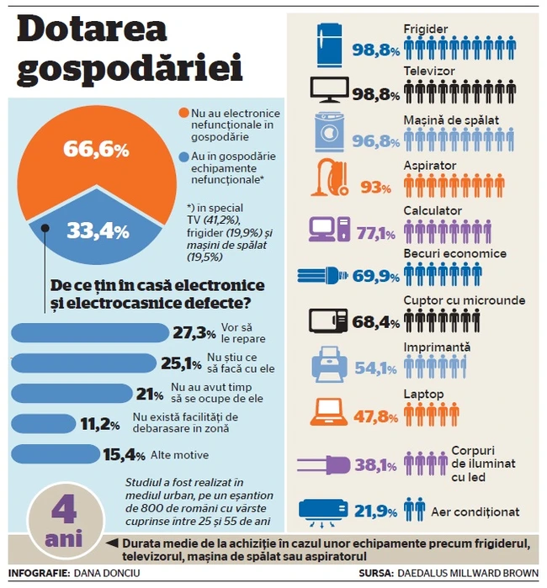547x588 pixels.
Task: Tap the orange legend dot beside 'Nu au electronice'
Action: click(184, 113)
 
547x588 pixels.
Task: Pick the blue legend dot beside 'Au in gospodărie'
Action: click(184, 156)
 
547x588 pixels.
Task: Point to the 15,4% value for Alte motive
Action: click(119, 455)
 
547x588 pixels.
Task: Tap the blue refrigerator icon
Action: click(330, 45)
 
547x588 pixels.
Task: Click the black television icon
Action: click(330, 90)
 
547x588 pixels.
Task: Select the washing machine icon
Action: click(331, 135)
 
